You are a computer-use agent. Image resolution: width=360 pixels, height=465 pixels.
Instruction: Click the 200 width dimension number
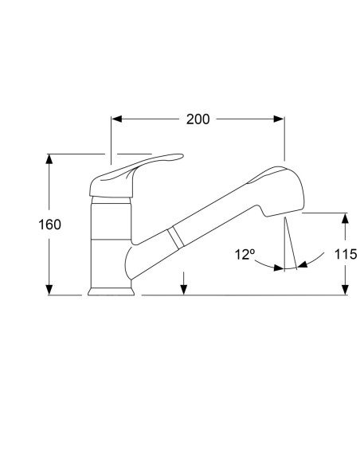[x=198, y=119]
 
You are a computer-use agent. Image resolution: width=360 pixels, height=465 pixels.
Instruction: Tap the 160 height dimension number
[x=50, y=225]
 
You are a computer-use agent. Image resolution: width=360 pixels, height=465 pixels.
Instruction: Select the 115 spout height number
[x=346, y=254]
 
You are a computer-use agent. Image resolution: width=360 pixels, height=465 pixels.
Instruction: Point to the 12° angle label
[x=245, y=255]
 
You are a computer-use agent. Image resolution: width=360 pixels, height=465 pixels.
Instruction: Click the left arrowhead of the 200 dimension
[x=117, y=119]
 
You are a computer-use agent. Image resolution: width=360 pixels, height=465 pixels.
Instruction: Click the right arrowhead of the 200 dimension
[x=279, y=119]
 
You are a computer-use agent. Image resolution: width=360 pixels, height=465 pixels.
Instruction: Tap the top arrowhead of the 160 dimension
[x=49, y=159]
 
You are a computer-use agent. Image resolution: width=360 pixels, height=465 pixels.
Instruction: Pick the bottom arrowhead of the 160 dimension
[x=49, y=290]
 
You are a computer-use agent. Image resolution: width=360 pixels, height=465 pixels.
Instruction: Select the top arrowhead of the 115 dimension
[x=345, y=218]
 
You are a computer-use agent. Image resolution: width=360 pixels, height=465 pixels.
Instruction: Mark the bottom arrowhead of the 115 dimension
[x=345, y=290]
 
